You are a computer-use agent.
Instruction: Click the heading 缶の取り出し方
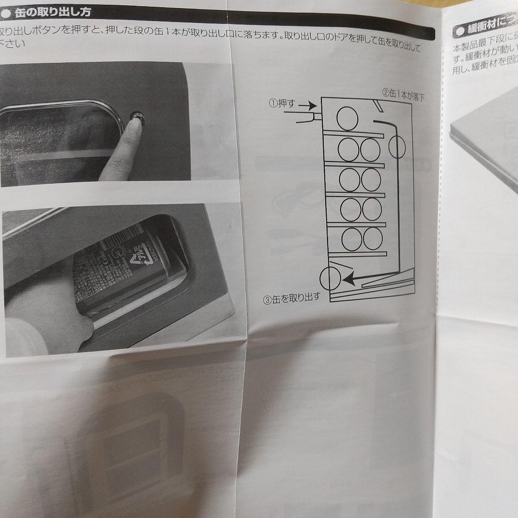click(x=53, y=12)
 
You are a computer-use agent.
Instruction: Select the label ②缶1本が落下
click(x=403, y=93)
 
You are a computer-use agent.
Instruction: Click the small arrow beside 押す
click(x=310, y=105)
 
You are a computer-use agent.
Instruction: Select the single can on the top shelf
click(x=347, y=118)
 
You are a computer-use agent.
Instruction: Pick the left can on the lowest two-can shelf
click(x=352, y=239)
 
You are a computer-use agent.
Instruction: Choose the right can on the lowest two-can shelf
click(x=373, y=238)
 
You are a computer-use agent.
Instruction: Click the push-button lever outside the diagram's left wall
click(x=307, y=117)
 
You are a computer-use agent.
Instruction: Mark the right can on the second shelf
click(x=371, y=150)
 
